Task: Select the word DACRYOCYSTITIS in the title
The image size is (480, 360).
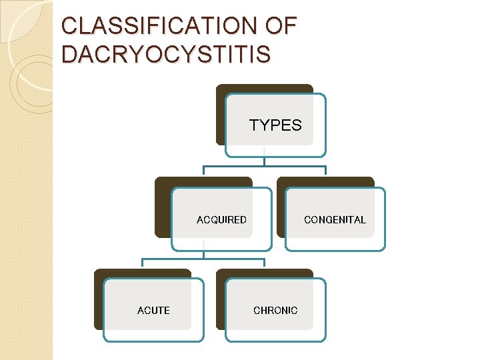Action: click(x=166, y=54)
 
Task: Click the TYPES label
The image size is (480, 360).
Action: click(x=275, y=125)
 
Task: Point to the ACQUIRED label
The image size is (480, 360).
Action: click(x=221, y=220)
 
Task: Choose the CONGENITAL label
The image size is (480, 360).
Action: click(x=335, y=220)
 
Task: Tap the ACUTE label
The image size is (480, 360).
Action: click(x=153, y=311)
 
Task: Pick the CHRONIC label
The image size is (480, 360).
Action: click(x=275, y=311)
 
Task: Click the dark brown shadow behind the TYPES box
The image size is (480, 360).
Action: click(x=221, y=113)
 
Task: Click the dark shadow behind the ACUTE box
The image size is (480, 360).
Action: click(x=99, y=300)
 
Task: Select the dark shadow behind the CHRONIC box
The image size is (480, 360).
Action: click(x=221, y=300)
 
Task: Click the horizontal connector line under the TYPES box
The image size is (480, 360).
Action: click(x=264, y=166)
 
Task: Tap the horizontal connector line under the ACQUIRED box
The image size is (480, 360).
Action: click(x=203, y=259)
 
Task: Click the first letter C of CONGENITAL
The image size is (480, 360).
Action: click(x=307, y=220)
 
